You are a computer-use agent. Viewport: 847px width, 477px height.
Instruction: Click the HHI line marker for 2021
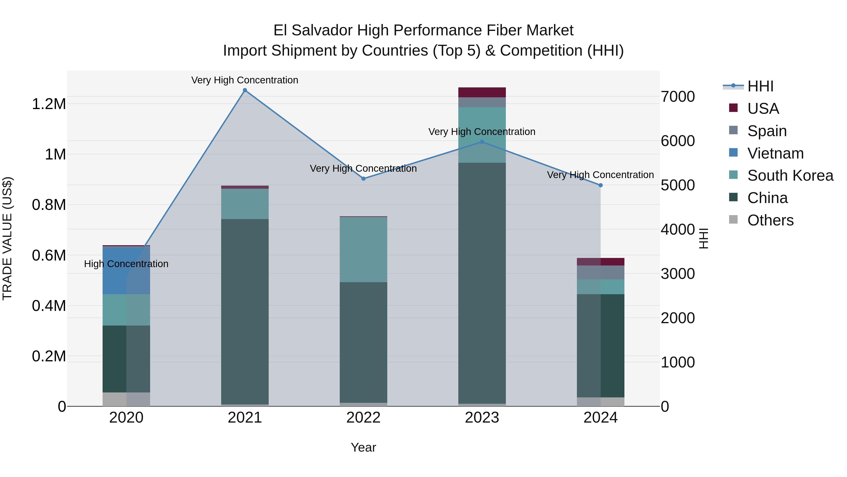[245, 90]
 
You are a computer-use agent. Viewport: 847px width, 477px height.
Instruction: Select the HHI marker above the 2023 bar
[482, 142]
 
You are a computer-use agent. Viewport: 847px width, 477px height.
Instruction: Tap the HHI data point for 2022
[363, 179]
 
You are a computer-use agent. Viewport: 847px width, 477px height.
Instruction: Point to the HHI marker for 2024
[601, 185]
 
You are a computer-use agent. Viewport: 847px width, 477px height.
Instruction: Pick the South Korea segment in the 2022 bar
[363, 249]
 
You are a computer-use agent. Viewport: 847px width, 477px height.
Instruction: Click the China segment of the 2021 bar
[245, 311]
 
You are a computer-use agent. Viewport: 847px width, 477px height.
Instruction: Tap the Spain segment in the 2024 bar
[601, 273]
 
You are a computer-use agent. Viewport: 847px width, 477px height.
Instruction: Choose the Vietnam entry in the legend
[775, 153]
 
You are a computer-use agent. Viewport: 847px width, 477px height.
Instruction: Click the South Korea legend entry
[790, 175]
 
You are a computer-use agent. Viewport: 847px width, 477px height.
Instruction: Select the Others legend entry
[770, 220]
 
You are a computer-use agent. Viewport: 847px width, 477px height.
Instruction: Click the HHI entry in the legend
[760, 86]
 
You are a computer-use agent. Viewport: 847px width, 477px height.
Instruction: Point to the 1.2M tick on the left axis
[49, 104]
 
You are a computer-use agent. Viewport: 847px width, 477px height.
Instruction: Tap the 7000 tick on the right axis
[678, 97]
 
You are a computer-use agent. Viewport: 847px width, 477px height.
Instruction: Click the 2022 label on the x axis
[363, 418]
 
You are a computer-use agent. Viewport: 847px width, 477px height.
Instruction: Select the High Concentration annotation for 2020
[126, 264]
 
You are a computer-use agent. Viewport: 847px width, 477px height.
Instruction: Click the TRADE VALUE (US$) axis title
[7, 238]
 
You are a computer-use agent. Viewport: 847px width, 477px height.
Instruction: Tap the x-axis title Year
[363, 447]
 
